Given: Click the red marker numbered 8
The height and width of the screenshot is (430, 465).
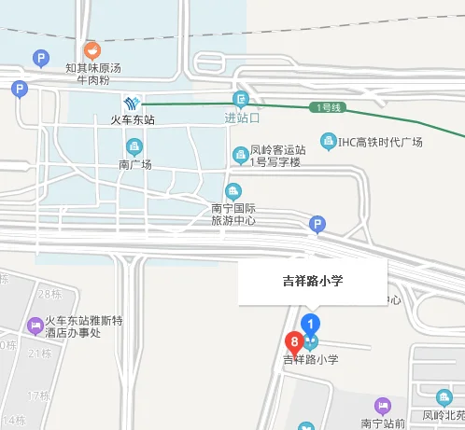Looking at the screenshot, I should coord(295,342).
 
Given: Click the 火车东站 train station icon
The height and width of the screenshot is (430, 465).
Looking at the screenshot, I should coord(133,102).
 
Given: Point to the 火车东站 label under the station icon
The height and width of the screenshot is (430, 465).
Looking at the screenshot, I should coord(133,120).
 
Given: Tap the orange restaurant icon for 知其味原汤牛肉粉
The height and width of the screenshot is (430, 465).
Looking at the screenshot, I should coord(92,50).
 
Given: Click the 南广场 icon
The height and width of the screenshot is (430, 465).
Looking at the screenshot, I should coord(134,146).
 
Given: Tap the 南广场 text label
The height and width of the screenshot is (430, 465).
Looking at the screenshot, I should coord(134,164).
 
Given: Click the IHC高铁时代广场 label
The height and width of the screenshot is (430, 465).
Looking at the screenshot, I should coord(380,142).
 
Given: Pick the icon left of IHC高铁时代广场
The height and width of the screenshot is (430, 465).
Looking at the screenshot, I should coord(328,142).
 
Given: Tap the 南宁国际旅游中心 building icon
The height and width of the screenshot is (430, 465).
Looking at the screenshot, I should coord(233,192).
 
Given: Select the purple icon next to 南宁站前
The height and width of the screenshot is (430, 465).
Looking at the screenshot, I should coord(380,406).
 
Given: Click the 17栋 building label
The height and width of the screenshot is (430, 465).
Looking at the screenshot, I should coord(38,395).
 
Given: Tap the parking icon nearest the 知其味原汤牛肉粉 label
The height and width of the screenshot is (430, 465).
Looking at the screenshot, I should coord(40,59).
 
